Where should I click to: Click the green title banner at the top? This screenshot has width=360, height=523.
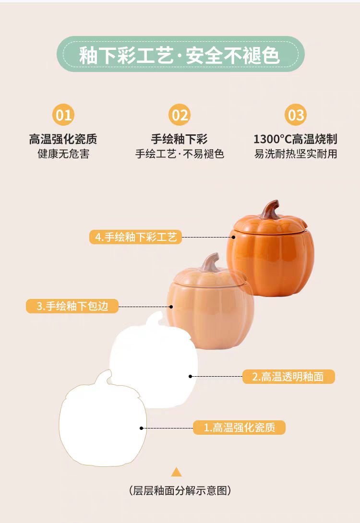(x=180, y=55)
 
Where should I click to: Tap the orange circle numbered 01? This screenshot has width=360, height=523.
(x=63, y=115)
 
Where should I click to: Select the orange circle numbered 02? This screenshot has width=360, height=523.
(x=180, y=115)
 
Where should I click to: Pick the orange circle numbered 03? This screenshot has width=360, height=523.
(x=296, y=115)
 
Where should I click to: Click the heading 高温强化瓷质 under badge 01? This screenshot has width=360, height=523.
(x=63, y=139)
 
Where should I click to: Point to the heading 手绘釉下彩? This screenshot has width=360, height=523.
(x=180, y=139)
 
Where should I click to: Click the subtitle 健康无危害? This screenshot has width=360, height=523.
(x=63, y=154)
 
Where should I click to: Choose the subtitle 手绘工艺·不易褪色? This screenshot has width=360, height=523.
(x=180, y=154)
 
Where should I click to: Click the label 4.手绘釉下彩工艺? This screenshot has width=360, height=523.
(x=136, y=237)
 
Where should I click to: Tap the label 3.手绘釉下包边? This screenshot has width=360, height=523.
(x=72, y=306)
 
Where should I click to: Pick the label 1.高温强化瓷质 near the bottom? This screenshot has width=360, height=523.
(x=239, y=428)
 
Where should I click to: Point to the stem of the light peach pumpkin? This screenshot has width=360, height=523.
(x=210, y=262)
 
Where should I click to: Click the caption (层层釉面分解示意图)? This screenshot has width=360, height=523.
(x=180, y=490)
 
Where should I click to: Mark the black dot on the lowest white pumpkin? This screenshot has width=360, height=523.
(x=142, y=428)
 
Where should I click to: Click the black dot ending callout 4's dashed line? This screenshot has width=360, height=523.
(x=233, y=237)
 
